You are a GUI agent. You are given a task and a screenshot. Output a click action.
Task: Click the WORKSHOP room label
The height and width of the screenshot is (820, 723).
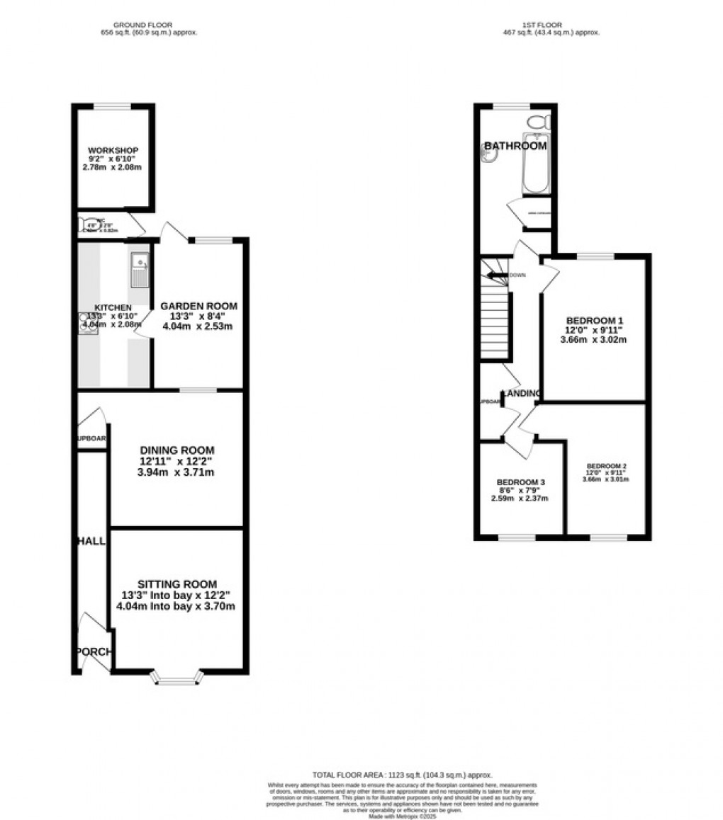(x=113, y=150)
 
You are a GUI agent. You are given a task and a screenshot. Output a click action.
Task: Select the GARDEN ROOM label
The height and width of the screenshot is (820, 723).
(x=198, y=306)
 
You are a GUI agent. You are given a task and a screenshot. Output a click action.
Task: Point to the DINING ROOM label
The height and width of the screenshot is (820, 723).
(x=176, y=450)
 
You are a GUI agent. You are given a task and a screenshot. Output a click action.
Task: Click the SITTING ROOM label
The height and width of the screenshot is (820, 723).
(x=176, y=584)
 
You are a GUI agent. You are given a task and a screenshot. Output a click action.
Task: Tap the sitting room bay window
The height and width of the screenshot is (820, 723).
(x=177, y=680)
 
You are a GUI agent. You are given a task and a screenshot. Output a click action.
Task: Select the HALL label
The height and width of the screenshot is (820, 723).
(x=91, y=541)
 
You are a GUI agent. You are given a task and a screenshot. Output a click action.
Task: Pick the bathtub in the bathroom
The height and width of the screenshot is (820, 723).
(x=537, y=164)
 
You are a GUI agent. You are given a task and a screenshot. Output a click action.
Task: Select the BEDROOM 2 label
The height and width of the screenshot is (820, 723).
(x=605, y=466)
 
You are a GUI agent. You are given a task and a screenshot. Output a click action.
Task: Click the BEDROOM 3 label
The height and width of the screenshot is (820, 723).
(x=520, y=482)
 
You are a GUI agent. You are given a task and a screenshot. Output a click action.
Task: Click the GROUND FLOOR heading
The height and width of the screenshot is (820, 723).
(x=147, y=25)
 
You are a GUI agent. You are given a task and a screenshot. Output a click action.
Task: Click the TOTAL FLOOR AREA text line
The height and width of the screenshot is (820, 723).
(x=403, y=775)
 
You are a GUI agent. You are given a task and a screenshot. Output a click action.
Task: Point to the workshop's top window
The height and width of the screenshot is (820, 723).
(x=112, y=106)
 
